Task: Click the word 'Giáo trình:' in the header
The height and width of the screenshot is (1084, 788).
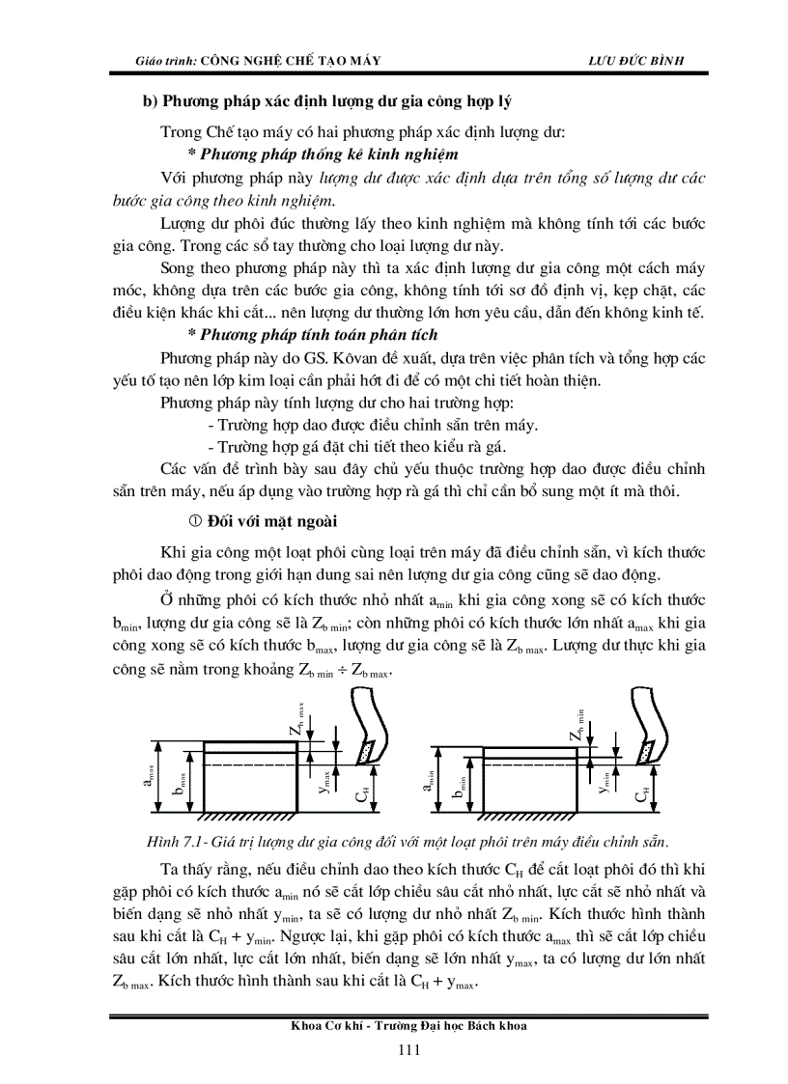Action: pyautogui.click(x=166, y=60)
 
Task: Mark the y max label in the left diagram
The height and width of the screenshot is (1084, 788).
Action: pyautogui.click(x=326, y=781)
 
